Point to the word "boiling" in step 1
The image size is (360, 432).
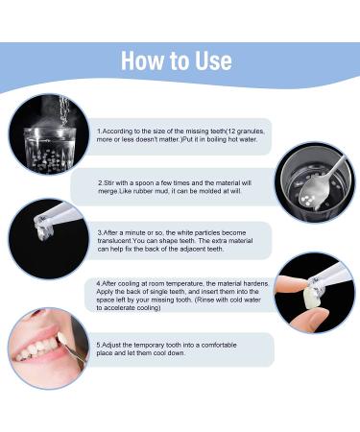point(219,139)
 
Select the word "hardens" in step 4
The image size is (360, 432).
point(255,284)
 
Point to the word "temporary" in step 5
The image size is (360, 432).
point(147,346)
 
